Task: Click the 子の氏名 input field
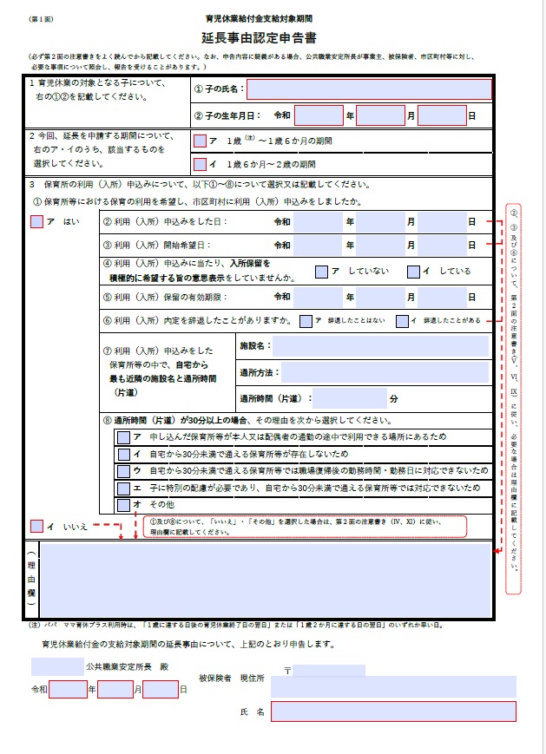pos(369,89)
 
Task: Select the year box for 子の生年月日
pos(319,115)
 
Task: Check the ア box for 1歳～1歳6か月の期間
pos(201,141)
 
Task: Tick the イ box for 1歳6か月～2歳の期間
pos(201,164)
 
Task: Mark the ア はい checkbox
pos(36,221)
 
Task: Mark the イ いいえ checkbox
pos(36,525)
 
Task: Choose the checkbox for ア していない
pos(322,272)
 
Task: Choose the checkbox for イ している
pos(413,272)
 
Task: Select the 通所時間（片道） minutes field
pos(349,398)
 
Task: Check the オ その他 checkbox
pos(124,504)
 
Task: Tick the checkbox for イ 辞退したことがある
pos(402,321)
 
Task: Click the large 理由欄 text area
pos(265,580)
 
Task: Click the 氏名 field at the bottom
pos(393,711)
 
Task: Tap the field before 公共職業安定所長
pos(56,667)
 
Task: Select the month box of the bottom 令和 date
pos(115,690)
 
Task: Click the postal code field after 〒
pos(329,671)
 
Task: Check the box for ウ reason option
pos(124,471)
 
